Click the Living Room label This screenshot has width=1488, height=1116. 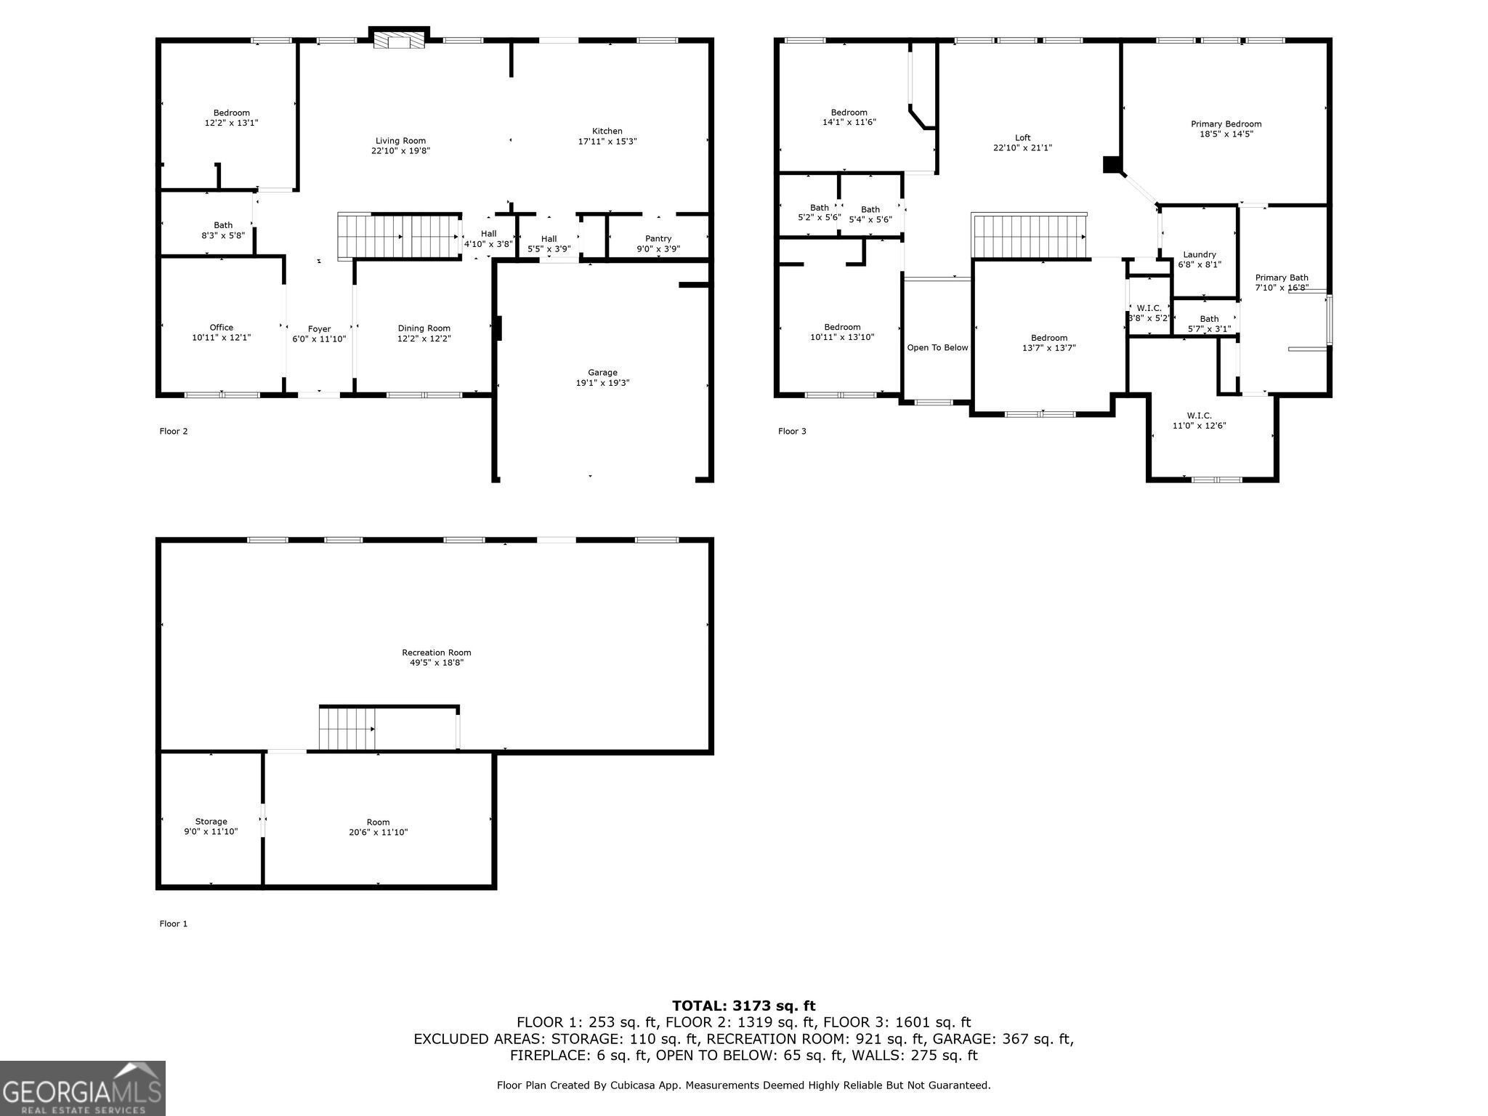400,141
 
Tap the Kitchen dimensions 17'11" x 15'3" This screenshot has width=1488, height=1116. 607,142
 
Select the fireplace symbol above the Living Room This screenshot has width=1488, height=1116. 399,40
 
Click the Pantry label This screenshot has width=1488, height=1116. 658,238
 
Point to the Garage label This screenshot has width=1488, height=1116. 602,373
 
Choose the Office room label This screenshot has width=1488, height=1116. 222,328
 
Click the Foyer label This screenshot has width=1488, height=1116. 319,329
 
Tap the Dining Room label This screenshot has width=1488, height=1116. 424,328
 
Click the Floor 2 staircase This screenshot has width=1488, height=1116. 399,236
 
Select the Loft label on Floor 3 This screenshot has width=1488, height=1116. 1022,137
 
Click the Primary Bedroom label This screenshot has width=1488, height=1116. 1226,124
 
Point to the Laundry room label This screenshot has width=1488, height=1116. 1200,254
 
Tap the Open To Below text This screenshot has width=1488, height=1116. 937,348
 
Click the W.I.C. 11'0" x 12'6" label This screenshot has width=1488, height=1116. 1200,421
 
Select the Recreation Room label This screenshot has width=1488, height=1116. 437,652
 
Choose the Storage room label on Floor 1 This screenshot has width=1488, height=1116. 211,822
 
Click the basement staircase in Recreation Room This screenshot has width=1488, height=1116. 347,728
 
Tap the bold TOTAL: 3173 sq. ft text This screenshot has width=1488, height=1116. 744,1006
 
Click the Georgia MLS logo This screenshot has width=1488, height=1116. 83,1088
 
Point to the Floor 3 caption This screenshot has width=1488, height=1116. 792,432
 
